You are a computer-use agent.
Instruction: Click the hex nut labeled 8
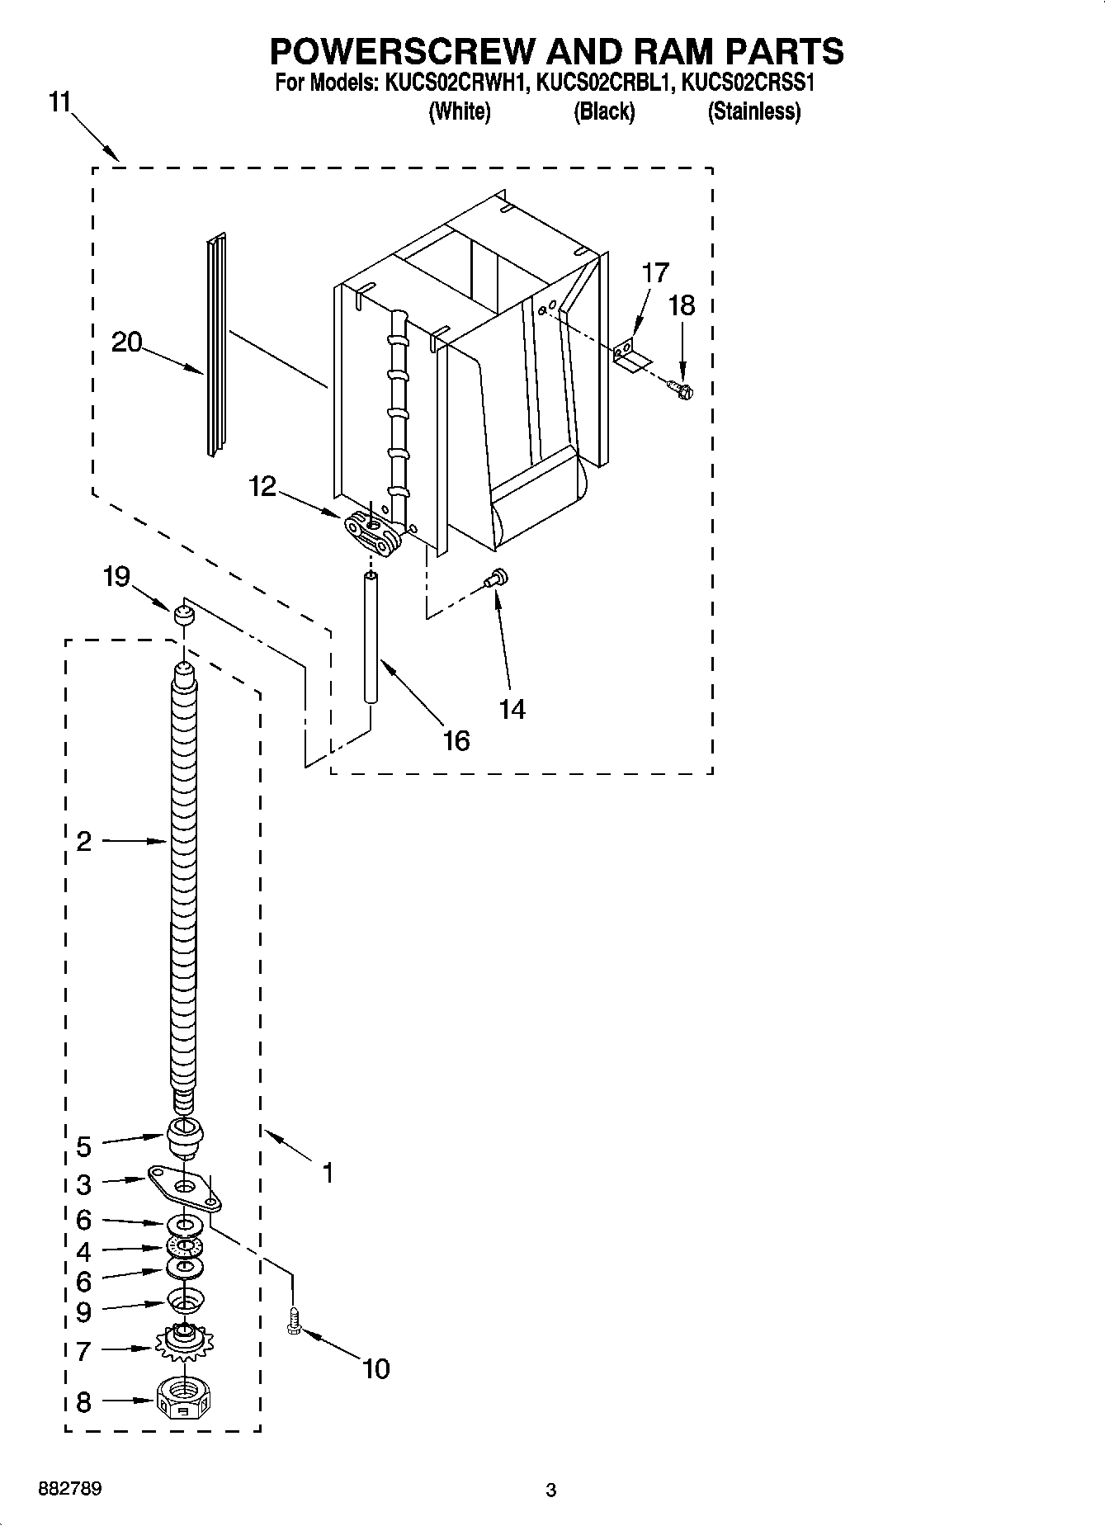[x=183, y=1399]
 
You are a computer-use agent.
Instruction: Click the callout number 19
[x=116, y=576]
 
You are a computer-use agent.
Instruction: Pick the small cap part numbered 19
[x=182, y=614]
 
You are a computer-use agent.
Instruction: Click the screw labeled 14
[x=497, y=579]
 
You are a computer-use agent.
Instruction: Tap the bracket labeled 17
[x=631, y=356]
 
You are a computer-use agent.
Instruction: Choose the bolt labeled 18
[x=682, y=385]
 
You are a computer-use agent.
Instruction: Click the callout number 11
[x=59, y=102]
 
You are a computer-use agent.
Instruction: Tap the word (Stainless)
[x=753, y=111]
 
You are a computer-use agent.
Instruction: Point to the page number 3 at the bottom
[x=550, y=1490]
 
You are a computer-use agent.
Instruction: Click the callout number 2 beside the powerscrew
[x=83, y=841]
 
